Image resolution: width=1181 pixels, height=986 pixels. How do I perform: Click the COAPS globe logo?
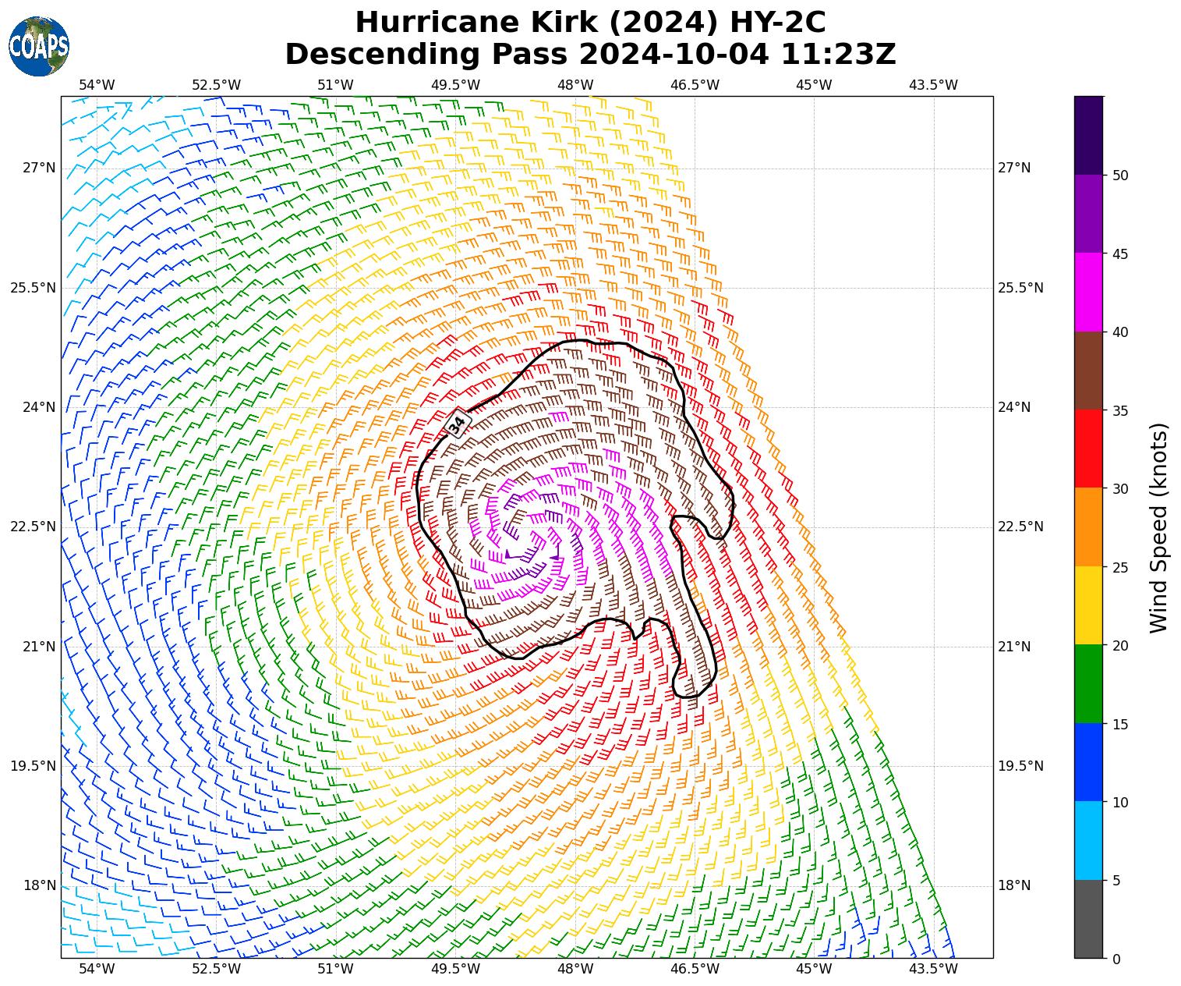pos(38,46)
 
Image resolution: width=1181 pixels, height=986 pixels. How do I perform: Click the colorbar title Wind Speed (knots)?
pos(1159,527)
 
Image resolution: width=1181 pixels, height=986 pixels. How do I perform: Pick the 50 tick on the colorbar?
pos(1120,176)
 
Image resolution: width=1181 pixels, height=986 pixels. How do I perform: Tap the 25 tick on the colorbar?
pos(1120,567)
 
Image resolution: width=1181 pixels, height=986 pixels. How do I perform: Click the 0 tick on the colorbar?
pos(1116,959)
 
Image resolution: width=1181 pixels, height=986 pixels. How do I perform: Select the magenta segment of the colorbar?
pos(1088,292)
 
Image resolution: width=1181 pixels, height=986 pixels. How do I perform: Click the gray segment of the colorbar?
pos(1088,919)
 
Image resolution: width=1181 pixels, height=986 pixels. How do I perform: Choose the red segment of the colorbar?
pos(1088,449)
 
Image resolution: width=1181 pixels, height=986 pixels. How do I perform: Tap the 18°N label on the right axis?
pos(1014,885)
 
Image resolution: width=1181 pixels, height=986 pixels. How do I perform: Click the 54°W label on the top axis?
pos(97,85)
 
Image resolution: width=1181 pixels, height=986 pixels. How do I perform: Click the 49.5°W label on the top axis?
pos(455,85)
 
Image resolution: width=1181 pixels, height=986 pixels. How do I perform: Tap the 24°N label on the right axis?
pos(1014,407)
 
